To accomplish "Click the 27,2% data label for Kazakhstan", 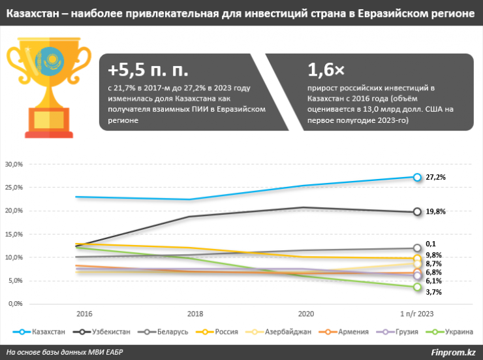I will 435,177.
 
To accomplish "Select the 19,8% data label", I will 435,212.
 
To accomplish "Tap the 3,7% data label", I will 433,292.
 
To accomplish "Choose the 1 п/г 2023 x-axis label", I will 416,314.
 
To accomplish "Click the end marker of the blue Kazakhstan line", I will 417,177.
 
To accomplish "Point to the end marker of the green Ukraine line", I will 417,287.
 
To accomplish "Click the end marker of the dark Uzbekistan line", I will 417,212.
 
